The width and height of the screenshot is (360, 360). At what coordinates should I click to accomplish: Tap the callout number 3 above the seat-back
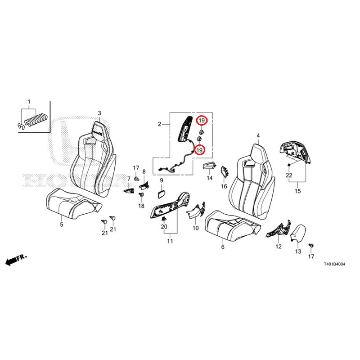coord(99,113)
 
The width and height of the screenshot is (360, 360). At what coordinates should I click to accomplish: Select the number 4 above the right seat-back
coord(258,135)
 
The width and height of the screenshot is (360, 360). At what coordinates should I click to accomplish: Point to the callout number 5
coord(62,224)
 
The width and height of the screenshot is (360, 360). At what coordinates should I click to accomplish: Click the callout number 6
coord(222,247)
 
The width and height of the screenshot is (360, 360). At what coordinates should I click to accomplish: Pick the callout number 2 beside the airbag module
coord(159,124)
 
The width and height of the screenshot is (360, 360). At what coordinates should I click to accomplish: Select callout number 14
coord(209,178)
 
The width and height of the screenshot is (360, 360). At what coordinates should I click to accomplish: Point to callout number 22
coord(289,175)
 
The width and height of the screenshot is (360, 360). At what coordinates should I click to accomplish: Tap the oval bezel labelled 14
coord(208,167)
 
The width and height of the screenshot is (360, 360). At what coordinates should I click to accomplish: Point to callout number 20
coord(164,226)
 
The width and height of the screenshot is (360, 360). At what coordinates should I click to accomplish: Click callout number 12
coord(279,247)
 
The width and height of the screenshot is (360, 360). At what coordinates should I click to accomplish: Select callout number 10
coord(195,228)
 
